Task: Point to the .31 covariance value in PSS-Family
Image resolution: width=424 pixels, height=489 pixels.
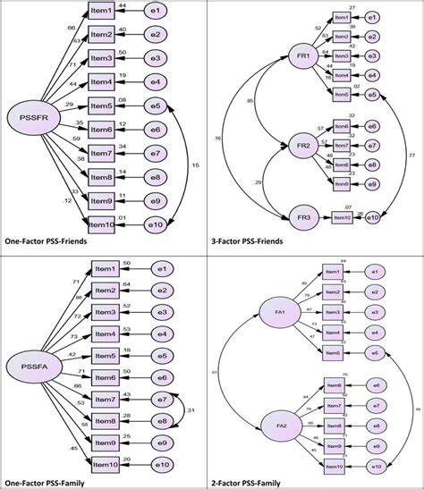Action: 191,410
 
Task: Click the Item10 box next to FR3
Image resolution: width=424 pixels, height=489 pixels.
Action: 341,215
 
